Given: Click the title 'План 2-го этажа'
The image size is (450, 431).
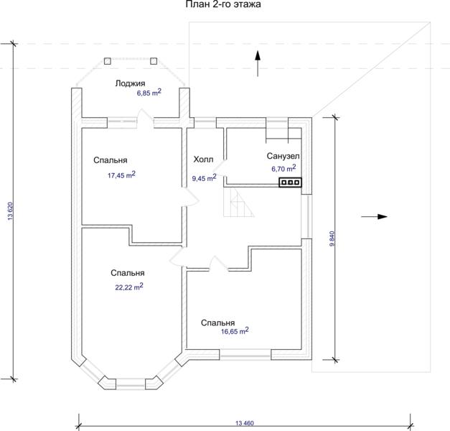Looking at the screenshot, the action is pos(223,4).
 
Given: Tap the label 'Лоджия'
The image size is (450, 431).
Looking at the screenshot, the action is pos(131,83).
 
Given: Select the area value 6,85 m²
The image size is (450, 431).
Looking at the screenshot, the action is pos(149,92).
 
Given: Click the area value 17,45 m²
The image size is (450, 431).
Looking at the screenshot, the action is pos(121,175).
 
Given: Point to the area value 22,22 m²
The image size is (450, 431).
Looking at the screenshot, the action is pos(129,287).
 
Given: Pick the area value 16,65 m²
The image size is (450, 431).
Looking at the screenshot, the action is pos(235,330).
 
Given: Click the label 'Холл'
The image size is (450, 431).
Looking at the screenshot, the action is pos(203,159).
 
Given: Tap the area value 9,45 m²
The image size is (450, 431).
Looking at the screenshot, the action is pos(204,178).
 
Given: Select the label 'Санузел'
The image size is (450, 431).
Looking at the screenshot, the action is pos(283,156).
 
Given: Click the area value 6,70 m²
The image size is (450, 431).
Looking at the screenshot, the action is pos(283,168).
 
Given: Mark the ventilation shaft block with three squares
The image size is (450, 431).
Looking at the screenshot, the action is pos(291,182).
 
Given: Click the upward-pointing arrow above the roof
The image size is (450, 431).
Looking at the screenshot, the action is pos(258,63).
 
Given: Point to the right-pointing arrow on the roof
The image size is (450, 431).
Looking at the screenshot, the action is pos(374,217).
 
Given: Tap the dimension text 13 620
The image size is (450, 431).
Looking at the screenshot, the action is pos(11,211).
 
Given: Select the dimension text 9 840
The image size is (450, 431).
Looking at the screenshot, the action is pos(332,238).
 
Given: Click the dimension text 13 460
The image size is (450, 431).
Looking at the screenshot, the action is pos(245,423).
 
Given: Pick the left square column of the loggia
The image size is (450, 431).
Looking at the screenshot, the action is pos(108,61).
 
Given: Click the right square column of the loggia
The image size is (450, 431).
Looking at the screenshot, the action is pos(154,61).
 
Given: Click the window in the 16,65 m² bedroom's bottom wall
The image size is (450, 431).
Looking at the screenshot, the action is pos(245,355).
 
